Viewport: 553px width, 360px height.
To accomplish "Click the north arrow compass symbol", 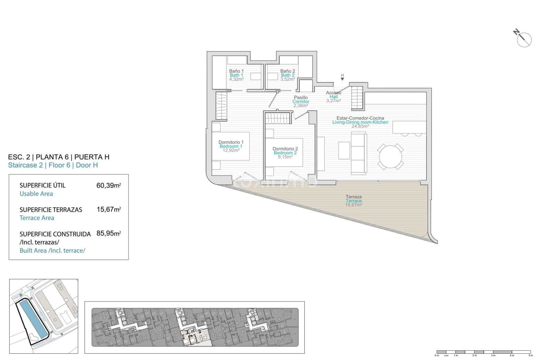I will point(524,39).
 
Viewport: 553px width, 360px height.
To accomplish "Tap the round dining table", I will point(391,157).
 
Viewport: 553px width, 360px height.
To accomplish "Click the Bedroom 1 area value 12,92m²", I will point(231,151).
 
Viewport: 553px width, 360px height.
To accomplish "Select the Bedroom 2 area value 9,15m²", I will point(285,157).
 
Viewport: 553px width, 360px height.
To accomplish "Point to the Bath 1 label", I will point(236,75).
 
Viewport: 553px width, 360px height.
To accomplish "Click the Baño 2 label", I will point(288,71).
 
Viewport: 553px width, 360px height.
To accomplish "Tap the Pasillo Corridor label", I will point(301,100).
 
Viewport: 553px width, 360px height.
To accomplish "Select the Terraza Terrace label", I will point(354,199).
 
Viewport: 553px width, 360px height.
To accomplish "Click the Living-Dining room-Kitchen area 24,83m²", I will point(360,126).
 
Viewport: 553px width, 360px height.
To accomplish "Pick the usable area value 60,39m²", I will point(109,186).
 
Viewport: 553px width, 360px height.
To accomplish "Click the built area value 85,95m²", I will point(109,234).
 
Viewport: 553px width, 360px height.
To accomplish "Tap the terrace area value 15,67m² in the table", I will point(109,209).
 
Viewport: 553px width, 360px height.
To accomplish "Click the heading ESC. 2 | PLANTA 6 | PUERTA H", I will point(59,157).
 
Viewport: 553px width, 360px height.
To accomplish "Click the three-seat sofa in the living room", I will point(358,153).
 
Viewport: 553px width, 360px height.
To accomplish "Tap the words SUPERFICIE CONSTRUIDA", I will point(55,234).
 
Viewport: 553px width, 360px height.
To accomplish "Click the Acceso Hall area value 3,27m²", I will point(334,101).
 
